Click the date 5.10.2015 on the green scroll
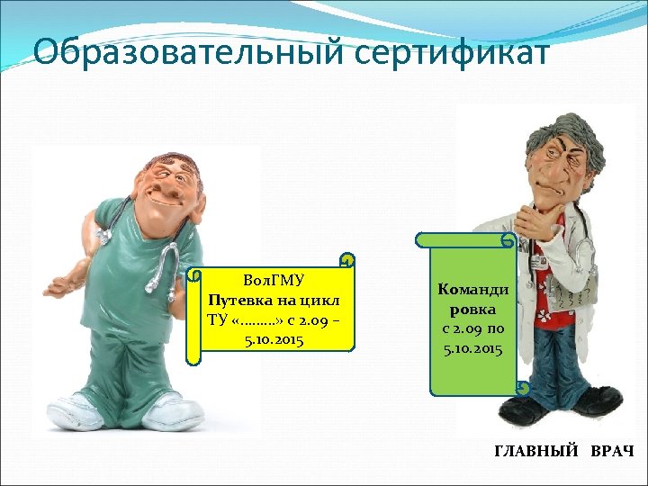tap(473, 347)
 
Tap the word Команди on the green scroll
tap(473, 289)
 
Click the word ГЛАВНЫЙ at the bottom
tap(537, 450)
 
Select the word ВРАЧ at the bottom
tap(612, 450)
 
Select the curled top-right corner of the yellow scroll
tap(346, 261)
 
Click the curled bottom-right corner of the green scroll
tap(521, 388)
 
